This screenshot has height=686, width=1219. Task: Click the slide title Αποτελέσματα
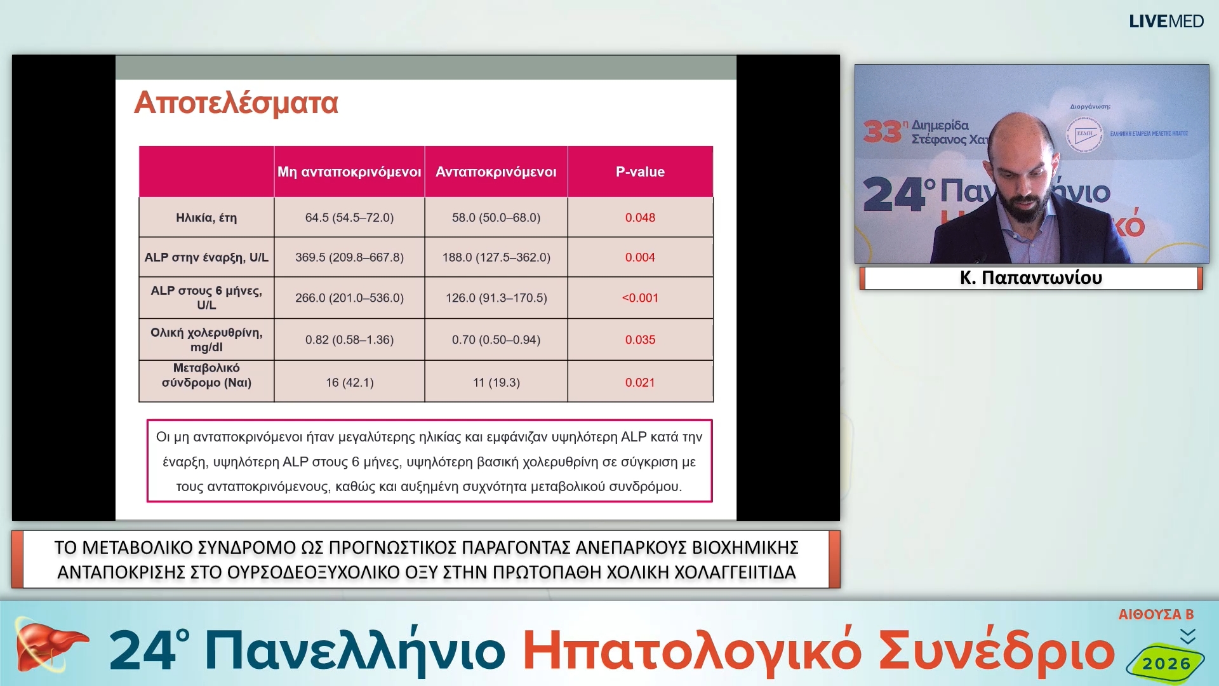236,103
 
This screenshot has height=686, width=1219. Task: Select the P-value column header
640,171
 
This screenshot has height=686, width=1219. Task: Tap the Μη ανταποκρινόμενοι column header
349,171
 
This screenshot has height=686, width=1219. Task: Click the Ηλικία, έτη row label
206,218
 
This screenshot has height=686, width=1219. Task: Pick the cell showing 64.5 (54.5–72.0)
349,218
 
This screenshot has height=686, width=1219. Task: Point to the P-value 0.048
640,218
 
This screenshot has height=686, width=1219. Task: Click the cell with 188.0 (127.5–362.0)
496,257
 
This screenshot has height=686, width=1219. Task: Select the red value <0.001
640,298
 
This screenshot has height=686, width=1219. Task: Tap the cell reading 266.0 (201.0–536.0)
349,298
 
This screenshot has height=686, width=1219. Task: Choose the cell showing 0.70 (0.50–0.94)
496,340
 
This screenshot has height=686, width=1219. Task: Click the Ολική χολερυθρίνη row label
206,340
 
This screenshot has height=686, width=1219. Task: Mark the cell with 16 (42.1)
349,382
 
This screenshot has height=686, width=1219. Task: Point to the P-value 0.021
640,382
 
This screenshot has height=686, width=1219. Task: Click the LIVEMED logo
1166,22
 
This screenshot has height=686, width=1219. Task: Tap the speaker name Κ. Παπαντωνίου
1030,278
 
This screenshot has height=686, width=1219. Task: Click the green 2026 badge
1166,663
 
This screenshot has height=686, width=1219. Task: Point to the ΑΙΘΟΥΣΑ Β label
1156,614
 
